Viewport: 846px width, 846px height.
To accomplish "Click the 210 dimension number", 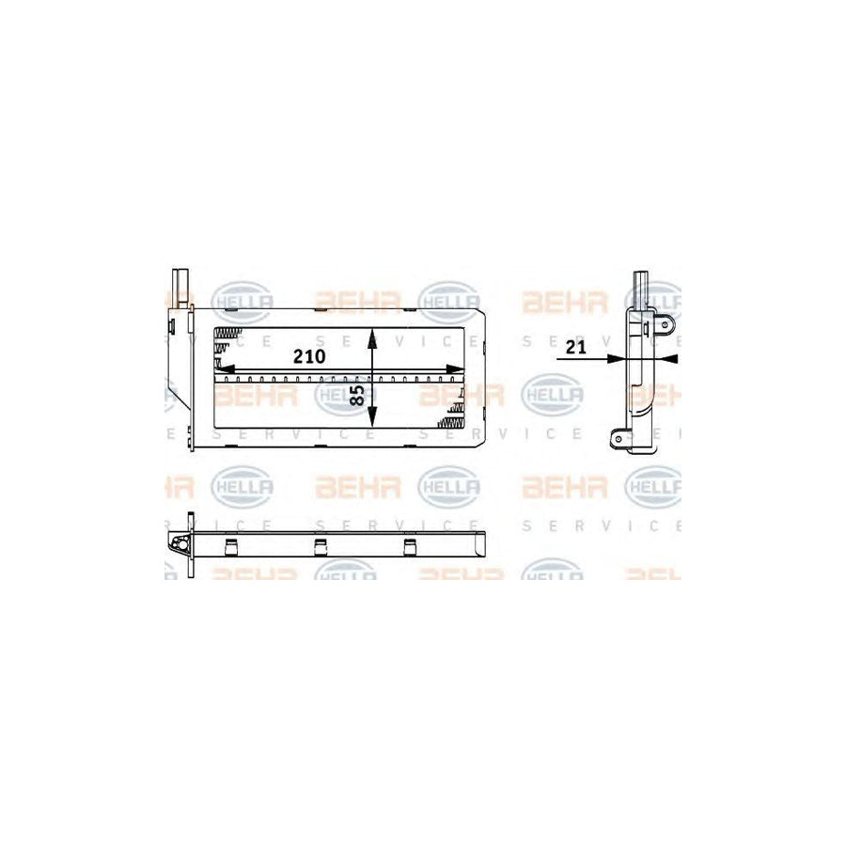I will coord(310,356).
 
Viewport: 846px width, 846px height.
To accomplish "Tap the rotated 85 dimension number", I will coord(358,396).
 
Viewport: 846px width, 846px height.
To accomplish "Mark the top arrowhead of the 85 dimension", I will coord(373,335).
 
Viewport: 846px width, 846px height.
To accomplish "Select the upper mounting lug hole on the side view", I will coord(664,326).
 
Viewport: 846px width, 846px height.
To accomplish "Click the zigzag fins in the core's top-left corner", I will coord(227,339).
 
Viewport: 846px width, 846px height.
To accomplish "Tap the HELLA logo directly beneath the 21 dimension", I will coord(552,396).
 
